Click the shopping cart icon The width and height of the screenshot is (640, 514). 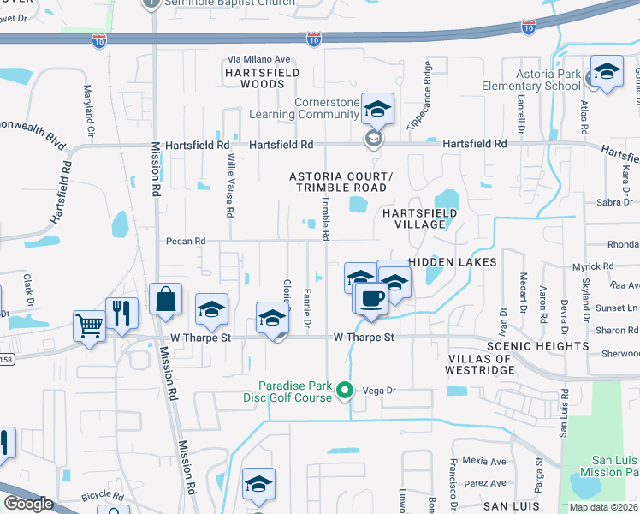tap(90, 325)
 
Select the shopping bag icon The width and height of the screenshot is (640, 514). tap(165, 300)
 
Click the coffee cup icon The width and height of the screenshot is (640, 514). tap(370, 298)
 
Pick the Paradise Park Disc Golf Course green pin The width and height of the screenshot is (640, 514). tap(345, 391)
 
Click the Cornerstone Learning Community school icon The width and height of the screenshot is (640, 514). tap(376, 109)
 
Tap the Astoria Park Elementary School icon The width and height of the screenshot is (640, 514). tap(607, 72)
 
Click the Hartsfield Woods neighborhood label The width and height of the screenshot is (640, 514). tap(262, 79)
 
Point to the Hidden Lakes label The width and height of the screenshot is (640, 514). tap(453, 261)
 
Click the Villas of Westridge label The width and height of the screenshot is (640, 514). tap(479, 364)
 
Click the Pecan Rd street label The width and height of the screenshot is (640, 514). tap(187, 242)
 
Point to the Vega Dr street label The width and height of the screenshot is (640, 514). tap(382, 390)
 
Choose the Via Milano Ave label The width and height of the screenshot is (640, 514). tap(259, 59)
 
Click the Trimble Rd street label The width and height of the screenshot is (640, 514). tap(325, 218)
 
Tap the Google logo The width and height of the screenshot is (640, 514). tap(28, 504)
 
